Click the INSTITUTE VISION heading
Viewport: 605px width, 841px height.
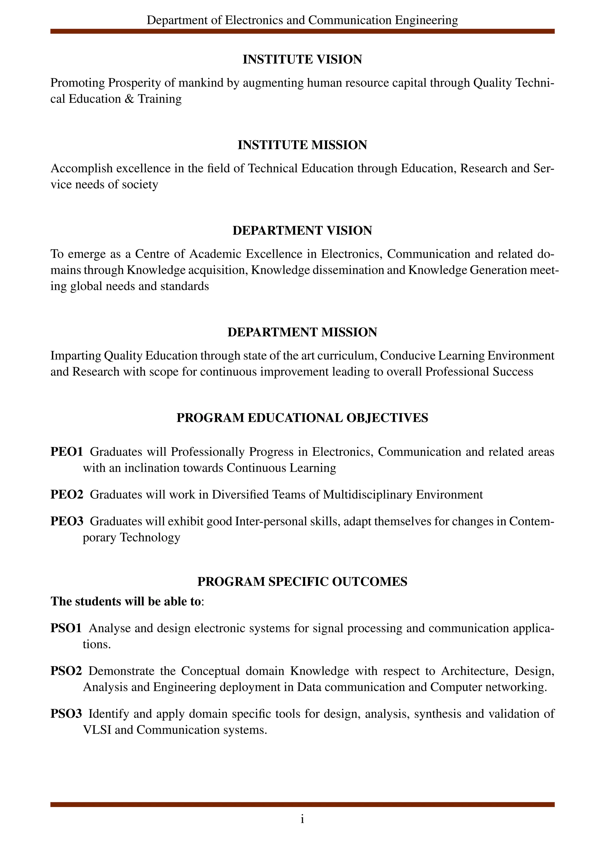[x=302, y=59]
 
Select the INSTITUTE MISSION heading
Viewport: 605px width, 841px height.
[x=302, y=145]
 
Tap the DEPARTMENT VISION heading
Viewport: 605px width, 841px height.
[x=302, y=231]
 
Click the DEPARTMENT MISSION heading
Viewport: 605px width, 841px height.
[x=302, y=332]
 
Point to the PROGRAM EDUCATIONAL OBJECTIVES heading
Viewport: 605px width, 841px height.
[x=302, y=418]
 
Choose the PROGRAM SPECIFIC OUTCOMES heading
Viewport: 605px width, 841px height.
[x=302, y=581]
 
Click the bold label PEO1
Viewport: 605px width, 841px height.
[x=67, y=452]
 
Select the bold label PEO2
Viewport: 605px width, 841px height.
[x=67, y=495]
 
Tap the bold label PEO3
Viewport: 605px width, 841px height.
[x=67, y=521]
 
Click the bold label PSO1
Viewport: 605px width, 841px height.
[x=66, y=628]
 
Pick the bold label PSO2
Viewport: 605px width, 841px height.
[x=66, y=671]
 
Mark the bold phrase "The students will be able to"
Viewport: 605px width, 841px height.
[x=126, y=601]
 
